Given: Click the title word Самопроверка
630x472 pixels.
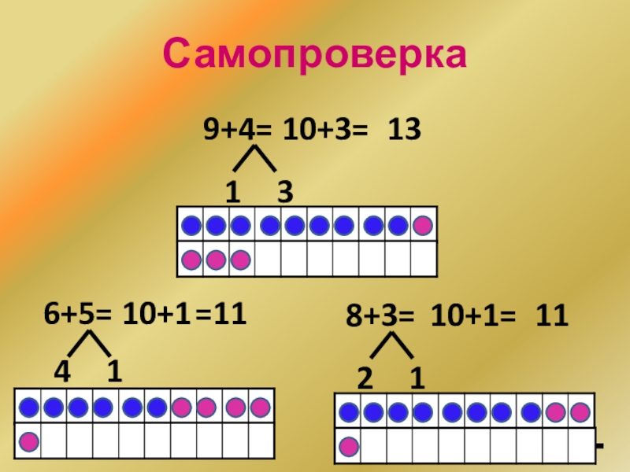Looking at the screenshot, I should click(x=315, y=54).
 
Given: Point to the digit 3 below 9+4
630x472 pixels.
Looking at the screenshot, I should click(x=284, y=192).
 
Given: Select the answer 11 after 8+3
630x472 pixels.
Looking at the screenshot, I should click(x=552, y=319).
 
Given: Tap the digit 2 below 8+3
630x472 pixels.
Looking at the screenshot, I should click(x=365, y=379).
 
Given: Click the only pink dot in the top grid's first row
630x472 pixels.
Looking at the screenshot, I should click(x=423, y=227).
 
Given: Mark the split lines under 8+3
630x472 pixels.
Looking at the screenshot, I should click(x=391, y=346).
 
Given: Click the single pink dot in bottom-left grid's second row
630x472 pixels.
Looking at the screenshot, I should click(x=29, y=441).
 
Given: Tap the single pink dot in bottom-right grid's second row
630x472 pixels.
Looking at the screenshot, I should click(x=349, y=447).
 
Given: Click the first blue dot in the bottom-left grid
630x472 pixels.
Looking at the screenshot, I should click(x=29, y=407).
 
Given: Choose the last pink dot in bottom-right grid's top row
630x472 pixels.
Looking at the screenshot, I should click(x=580, y=412).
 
